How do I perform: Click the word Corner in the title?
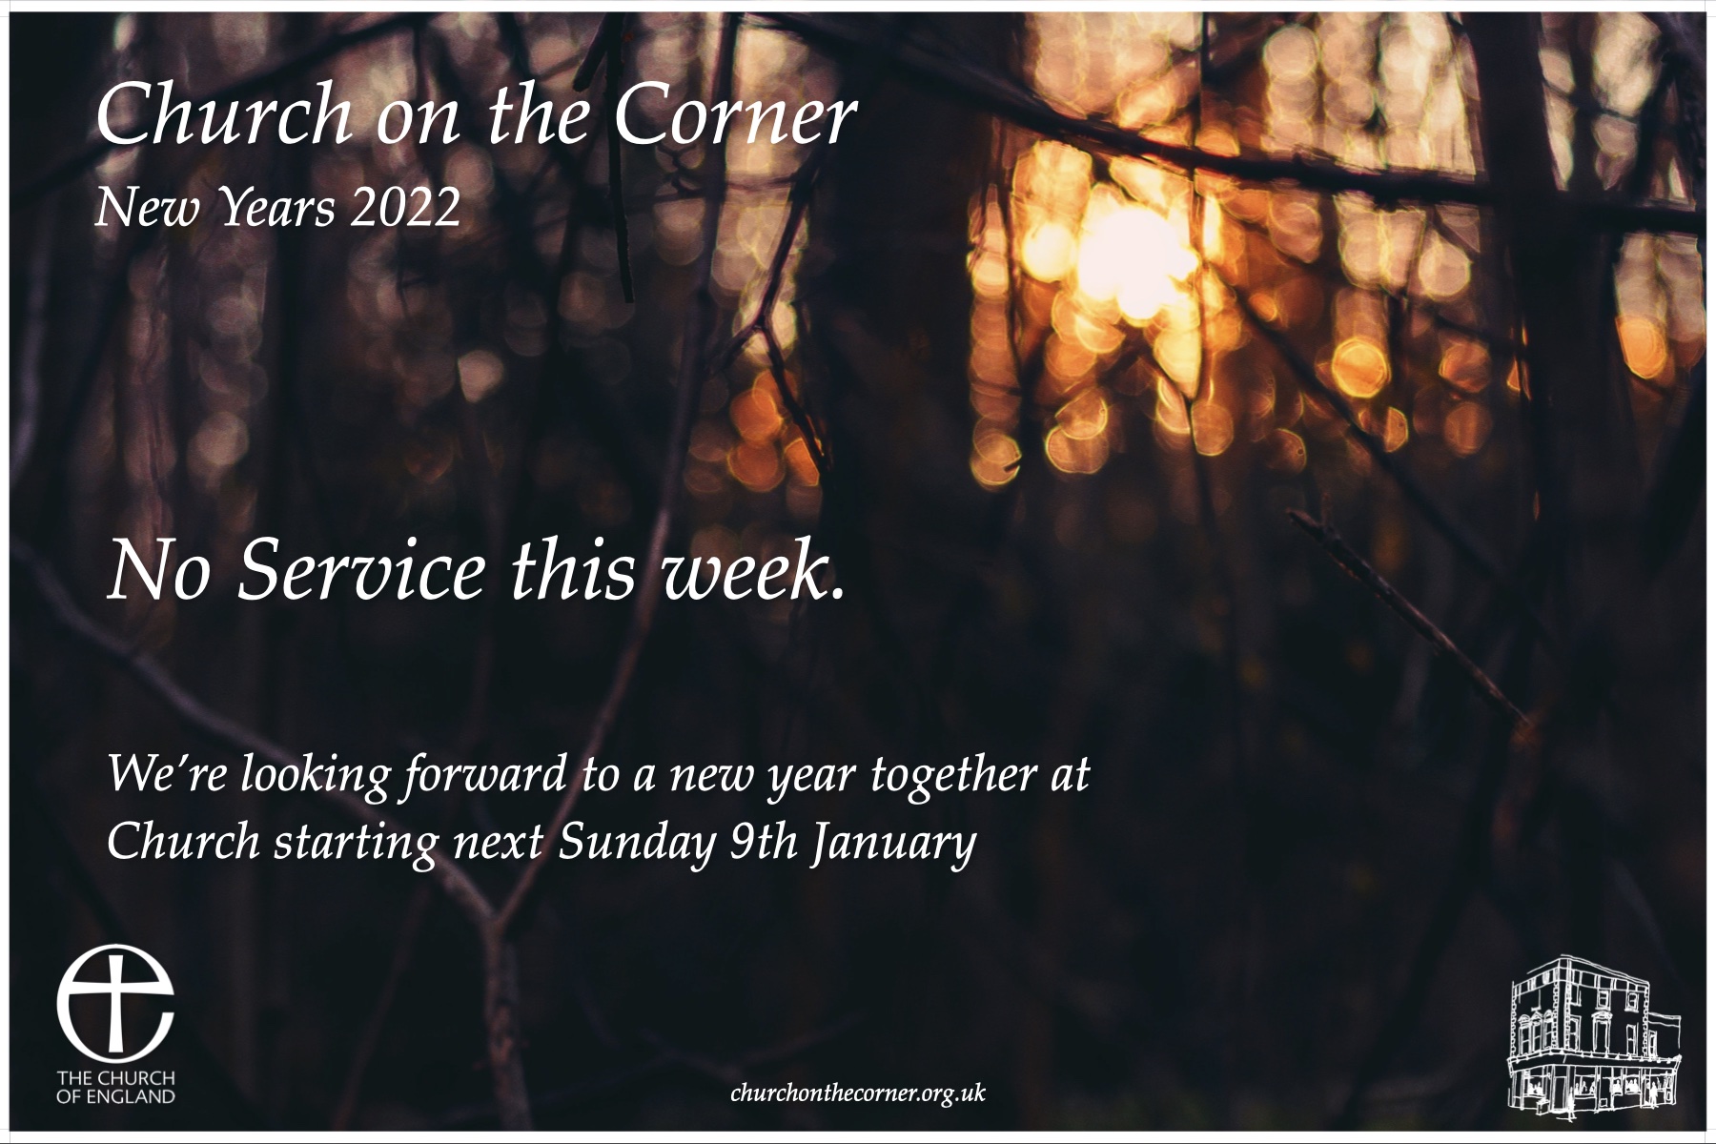click(735, 117)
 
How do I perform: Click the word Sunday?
click(636, 844)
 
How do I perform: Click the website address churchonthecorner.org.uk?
click(857, 1093)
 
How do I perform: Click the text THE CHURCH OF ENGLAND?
click(115, 1087)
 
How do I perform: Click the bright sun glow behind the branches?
click(1125, 253)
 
